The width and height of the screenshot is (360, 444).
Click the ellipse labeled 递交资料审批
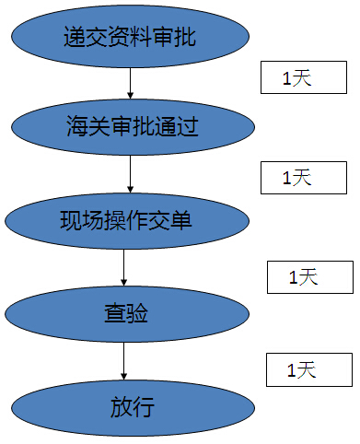pos(130,38)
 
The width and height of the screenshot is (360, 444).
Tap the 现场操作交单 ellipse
pos(127,221)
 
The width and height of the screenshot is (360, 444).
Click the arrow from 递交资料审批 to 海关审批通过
pos(130,82)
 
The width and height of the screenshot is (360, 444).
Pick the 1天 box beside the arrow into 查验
pos(309,276)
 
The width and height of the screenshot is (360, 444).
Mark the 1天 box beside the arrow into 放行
pos(308,370)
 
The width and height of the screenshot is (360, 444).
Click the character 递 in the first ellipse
pos(75,39)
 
